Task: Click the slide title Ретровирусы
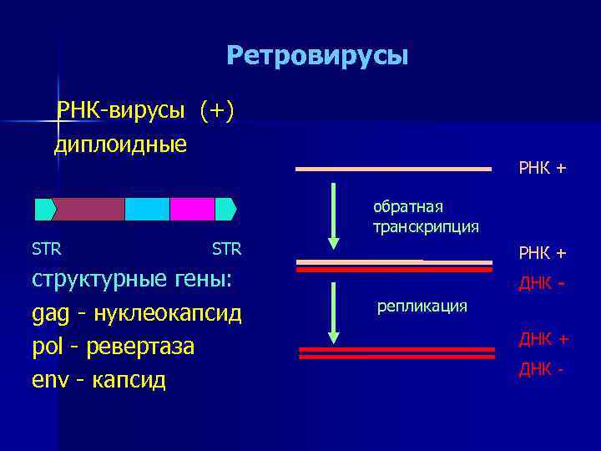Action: tap(317, 56)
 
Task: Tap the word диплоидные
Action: tap(120, 144)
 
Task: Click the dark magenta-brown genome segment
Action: tap(88, 209)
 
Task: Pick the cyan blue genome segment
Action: tap(147, 209)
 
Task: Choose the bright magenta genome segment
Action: tap(192, 209)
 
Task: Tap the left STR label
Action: tap(46, 249)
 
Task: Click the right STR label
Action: tap(226, 249)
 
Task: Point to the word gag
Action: tap(48, 315)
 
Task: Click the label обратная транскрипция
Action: tap(426, 216)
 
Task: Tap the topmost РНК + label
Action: tap(542, 169)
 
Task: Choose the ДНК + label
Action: tap(543, 339)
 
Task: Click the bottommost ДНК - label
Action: tap(541, 368)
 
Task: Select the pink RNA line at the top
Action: tap(393, 169)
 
